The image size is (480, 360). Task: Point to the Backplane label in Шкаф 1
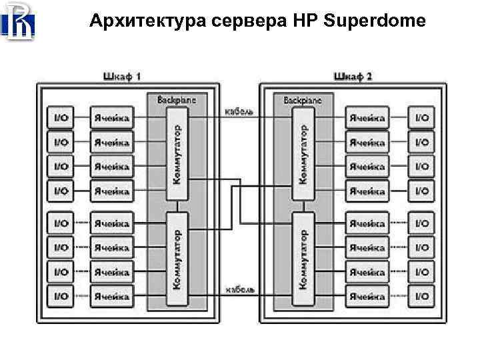click(x=177, y=99)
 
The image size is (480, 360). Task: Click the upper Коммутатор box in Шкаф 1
click(x=177, y=153)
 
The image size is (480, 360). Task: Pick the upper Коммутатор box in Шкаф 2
click(x=303, y=153)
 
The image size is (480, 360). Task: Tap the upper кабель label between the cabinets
click(x=239, y=111)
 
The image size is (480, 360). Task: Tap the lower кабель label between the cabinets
click(x=239, y=290)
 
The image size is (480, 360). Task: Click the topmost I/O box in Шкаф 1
click(x=61, y=118)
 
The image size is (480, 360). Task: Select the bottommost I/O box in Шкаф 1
click(x=61, y=295)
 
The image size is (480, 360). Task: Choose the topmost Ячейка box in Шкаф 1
click(x=111, y=118)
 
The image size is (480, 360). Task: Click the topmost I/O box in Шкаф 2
click(x=421, y=118)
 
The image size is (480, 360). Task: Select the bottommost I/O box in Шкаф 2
click(x=421, y=295)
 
